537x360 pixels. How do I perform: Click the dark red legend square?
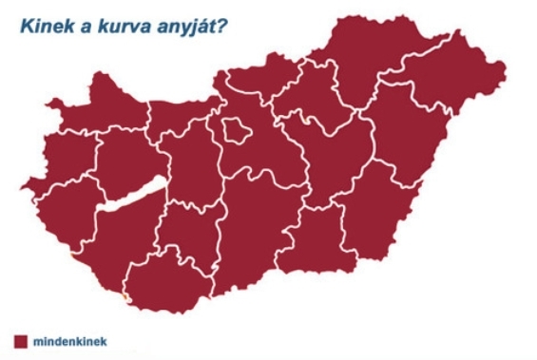pyautogui.click(x=18, y=339)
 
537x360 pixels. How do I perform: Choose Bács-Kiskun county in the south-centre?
pyautogui.click(x=252, y=228)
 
